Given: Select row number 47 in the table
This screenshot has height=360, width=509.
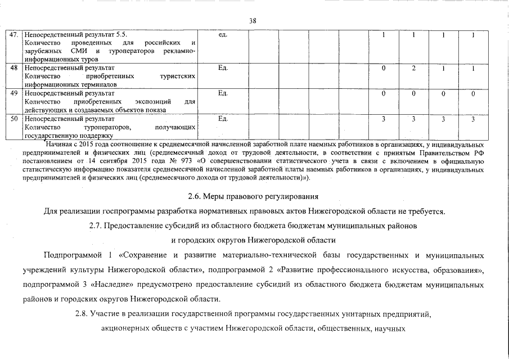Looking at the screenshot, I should tap(16, 35).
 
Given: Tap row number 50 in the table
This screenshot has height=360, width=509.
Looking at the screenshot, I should tap(16, 119).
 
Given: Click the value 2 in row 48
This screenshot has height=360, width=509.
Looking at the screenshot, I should tap(413, 67).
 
